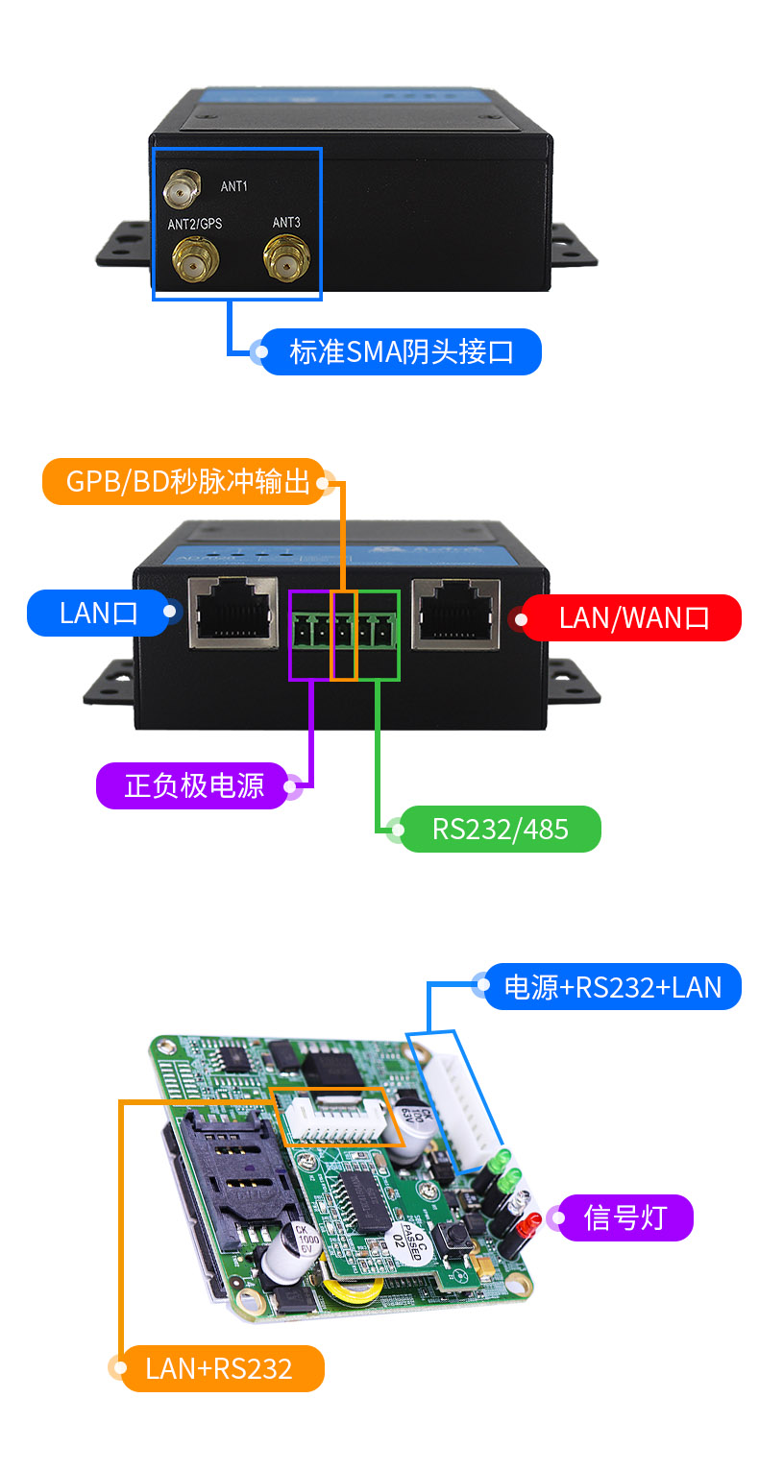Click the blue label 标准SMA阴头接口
(x=401, y=351)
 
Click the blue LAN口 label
(x=99, y=613)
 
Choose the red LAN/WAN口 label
(x=634, y=617)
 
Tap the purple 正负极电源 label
(x=194, y=785)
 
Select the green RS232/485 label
(x=500, y=829)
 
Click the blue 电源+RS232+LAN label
(x=612, y=986)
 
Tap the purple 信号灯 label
(x=624, y=1217)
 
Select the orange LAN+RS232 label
(x=219, y=1367)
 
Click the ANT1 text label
(x=233, y=186)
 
